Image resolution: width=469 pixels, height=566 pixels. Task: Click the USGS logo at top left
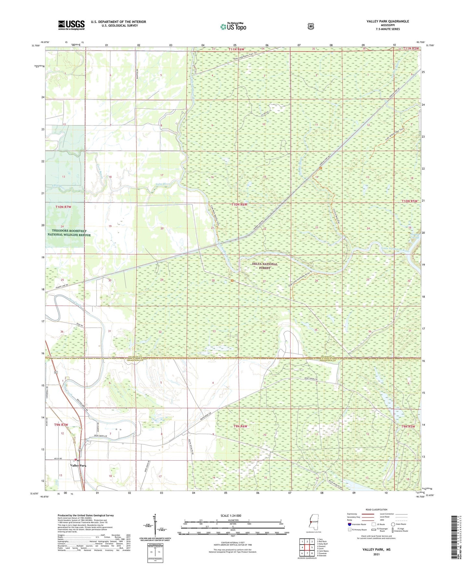tap(71, 25)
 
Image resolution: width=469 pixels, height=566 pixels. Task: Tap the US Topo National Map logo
tap(233, 26)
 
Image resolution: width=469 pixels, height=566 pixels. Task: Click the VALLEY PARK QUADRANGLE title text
tap(388, 21)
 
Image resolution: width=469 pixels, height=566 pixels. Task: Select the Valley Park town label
tap(78, 466)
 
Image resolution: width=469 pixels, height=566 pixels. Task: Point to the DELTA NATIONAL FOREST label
tap(265, 266)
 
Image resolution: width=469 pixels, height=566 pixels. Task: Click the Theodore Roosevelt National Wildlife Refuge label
tap(69, 233)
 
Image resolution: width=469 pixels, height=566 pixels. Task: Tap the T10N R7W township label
tap(63, 207)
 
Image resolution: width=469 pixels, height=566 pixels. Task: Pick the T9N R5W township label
tap(408, 426)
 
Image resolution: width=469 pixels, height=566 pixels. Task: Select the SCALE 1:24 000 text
tap(231, 516)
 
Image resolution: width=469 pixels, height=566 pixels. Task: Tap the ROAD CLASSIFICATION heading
tap(376, 510)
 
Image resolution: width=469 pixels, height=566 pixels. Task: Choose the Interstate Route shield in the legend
tap(349, 524)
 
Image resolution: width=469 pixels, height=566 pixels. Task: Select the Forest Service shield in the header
tap(311, 26)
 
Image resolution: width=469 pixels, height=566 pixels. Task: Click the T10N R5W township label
tap(409, 201)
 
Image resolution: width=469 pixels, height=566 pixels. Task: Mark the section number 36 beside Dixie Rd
tap(62, 332)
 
